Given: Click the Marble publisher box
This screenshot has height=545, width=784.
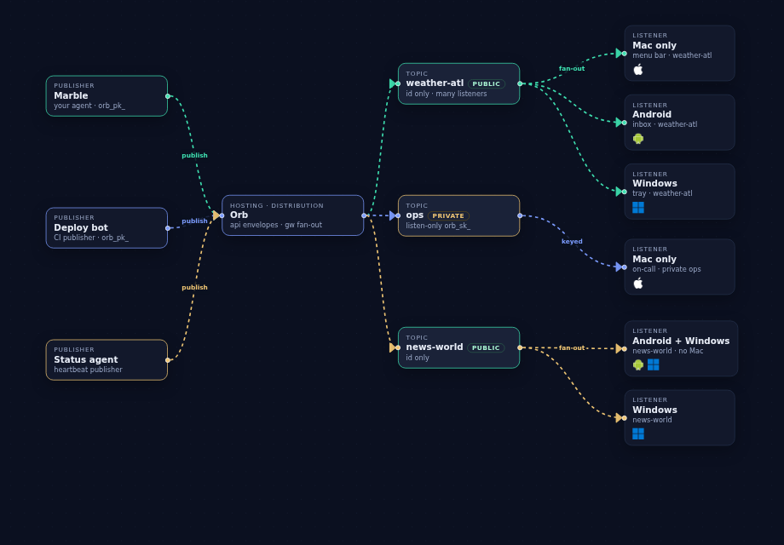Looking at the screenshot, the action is (107, 96).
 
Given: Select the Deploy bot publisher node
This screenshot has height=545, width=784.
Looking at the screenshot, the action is (107, 227).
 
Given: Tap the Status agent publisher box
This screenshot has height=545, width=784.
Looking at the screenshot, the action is (107, 359).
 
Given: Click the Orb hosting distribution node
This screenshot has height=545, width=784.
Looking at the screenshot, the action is (292, 215).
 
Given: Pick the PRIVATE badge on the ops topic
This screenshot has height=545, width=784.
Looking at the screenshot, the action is (448, 215).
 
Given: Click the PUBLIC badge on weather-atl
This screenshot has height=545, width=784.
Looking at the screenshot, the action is (487, 84).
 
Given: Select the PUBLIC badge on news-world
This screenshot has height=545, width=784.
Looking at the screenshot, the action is (486, 347).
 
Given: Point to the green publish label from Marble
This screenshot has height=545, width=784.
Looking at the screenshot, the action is (194, 155).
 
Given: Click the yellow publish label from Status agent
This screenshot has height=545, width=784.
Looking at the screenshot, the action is (194, 287).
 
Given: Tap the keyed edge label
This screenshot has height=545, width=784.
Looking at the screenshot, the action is (572, 241).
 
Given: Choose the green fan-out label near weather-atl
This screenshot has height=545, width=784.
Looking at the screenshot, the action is (572, 68).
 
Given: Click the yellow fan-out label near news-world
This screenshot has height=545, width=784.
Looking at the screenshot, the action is (572, 347).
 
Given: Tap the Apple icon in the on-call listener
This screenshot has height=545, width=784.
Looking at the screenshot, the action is (638, 284).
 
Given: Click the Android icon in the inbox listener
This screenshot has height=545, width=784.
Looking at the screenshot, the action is (638, 139).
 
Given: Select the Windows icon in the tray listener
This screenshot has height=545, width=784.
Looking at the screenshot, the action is (638, 207).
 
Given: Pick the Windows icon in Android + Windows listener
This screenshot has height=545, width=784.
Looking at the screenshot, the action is (653, 364).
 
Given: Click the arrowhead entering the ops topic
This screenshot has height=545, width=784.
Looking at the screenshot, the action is (393, 215).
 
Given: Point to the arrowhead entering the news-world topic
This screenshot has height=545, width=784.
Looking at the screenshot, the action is (393, 347).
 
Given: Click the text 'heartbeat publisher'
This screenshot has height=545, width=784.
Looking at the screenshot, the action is (88, 370).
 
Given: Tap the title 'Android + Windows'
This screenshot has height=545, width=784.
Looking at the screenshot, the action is (681, 341).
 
